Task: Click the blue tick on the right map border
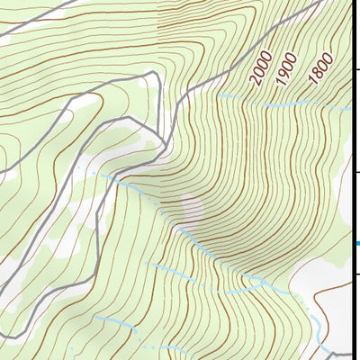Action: (x=356, y=242)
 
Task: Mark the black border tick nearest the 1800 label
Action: (x=356, y=70)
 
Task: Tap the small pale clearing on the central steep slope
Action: (x=192, y=209)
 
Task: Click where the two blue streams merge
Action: (x=260, y=282)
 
